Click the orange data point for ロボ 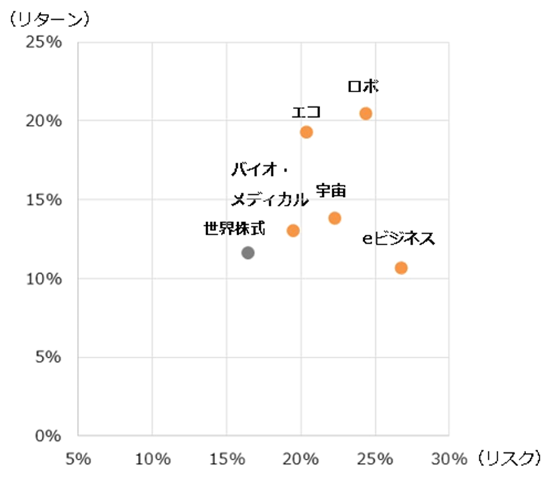365,113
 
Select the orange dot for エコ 306,132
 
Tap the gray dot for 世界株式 248,252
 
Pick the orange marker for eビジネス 401,267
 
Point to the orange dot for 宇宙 334,218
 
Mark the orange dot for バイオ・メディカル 293,230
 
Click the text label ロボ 364,86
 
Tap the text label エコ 306,112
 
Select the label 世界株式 234,229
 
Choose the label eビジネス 399,240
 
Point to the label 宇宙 331,191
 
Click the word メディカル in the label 270,201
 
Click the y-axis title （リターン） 47,19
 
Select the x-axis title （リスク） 508,459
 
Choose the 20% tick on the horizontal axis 300,459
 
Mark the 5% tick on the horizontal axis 78,459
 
